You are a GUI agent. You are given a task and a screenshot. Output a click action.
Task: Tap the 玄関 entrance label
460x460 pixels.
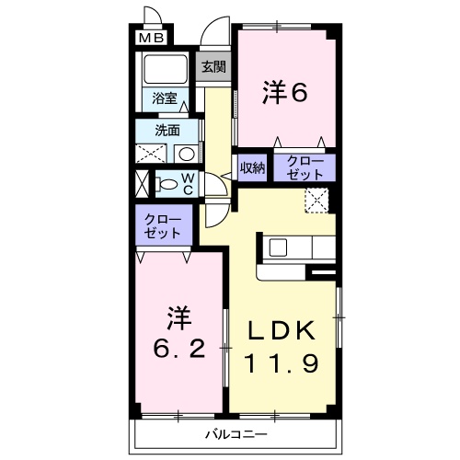tap(214, 66)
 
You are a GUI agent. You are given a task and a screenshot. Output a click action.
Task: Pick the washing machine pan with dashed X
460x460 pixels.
tap(150, 154)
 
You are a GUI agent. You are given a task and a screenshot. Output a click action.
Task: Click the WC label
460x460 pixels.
tap(186, 182)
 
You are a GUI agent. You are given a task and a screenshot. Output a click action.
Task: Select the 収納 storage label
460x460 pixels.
tap(252, 167)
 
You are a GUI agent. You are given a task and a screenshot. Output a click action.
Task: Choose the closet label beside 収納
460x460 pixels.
tap(305, 167)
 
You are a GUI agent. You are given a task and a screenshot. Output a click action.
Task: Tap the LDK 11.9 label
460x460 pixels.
tap(282, 347)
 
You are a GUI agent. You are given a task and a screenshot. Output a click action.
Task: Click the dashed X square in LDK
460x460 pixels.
tap(316, 200)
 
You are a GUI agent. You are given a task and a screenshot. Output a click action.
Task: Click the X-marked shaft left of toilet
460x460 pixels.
tap(142, 182)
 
